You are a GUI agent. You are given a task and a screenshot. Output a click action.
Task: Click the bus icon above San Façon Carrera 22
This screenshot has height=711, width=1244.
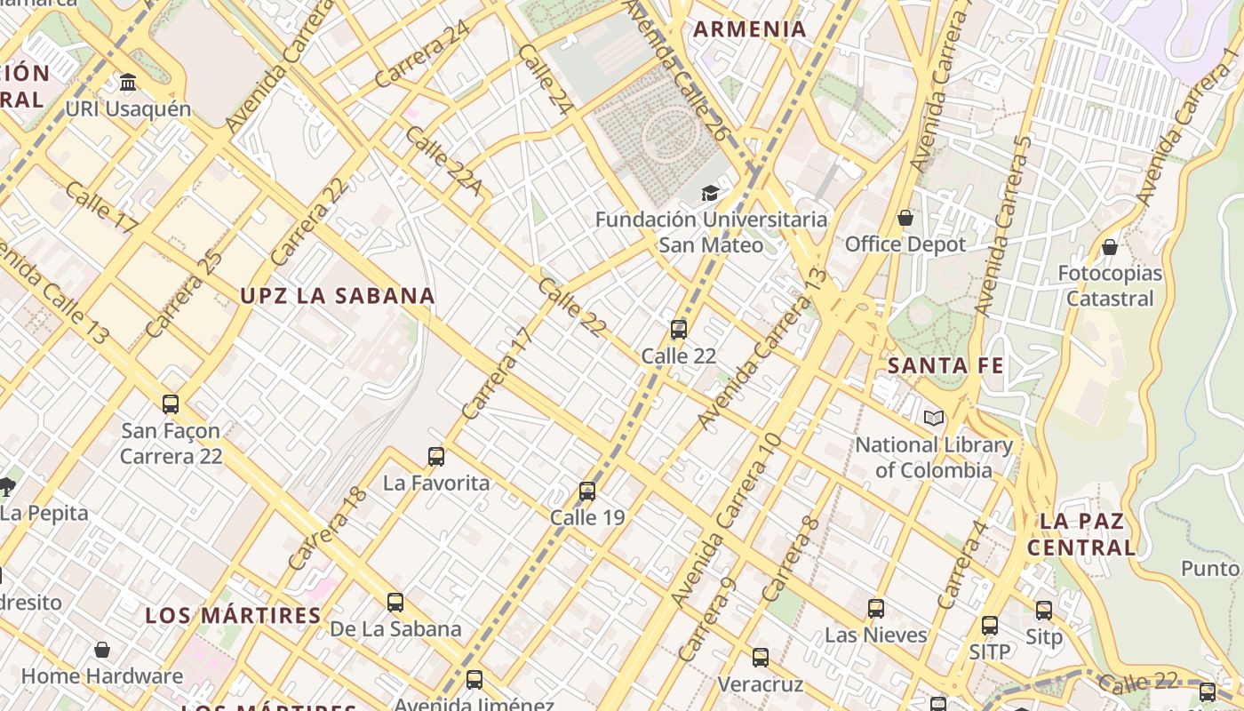[x=171, y=404]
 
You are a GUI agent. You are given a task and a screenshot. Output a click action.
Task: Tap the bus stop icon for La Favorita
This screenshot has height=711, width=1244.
[x=436, y=457]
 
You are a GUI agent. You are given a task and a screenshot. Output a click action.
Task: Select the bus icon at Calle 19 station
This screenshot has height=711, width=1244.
[x=587, y=491]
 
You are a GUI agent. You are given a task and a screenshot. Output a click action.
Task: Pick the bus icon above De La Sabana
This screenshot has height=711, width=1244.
[x=395, y=603]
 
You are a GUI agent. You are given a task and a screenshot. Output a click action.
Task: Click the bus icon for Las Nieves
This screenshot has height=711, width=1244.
[x=876, y=609]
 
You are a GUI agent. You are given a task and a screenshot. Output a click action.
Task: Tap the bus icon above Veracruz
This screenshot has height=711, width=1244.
[x=761, y=658]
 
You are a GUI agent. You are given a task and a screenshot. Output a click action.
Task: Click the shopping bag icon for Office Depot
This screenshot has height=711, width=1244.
[x=905, y=218]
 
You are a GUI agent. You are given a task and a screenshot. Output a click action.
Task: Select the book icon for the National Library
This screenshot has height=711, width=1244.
[x=933, y=419]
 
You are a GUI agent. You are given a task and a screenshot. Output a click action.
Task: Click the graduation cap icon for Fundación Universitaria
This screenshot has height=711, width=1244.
[x=710, y=193]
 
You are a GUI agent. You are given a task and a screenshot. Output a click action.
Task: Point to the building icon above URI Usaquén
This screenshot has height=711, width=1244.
[x=128, y=83]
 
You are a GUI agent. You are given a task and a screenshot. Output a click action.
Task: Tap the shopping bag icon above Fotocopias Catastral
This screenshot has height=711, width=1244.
[x=1110, y=247]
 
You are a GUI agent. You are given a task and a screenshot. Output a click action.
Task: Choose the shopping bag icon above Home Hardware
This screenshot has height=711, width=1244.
[x=102, y=650]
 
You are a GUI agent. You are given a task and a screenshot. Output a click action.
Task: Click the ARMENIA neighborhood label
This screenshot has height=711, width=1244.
[x=750, y=29]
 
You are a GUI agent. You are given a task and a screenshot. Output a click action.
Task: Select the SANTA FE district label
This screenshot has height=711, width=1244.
[x=945, y=365]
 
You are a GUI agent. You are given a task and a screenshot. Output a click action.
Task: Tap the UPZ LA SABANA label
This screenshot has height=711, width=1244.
[x=338, y=296]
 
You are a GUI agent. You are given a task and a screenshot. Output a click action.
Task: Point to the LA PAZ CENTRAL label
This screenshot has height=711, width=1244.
[x=1081, y=534]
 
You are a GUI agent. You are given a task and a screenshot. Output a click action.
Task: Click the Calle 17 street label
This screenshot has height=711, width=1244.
[x=101, y=208]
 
